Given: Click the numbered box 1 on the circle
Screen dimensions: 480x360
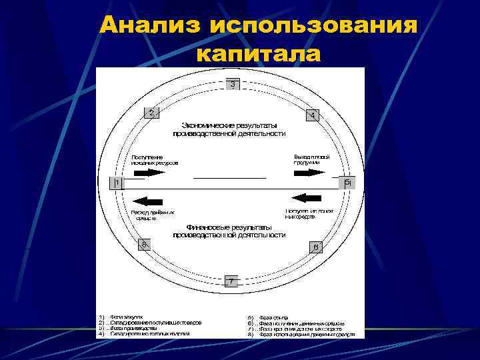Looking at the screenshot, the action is pos(117,182).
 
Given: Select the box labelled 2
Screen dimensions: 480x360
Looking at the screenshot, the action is pos(152,113).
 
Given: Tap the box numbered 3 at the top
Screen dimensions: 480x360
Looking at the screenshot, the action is pos(232,85).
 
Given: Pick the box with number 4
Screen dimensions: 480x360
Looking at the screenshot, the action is pos(312,115).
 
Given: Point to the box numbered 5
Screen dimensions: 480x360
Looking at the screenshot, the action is pos(347,182).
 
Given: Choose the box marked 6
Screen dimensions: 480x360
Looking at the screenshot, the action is pos(316,247).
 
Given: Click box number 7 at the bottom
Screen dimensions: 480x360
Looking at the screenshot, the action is pos(231,281).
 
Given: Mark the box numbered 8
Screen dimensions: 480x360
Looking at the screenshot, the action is pos(143,245).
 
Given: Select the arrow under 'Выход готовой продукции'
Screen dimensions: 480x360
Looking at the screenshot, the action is pos(309,172).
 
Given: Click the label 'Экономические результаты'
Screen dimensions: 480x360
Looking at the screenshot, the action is pos(230,125).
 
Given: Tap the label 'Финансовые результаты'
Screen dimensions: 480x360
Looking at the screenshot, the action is pos(229,227).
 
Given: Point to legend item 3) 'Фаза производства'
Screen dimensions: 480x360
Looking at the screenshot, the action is pos(133,328).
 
